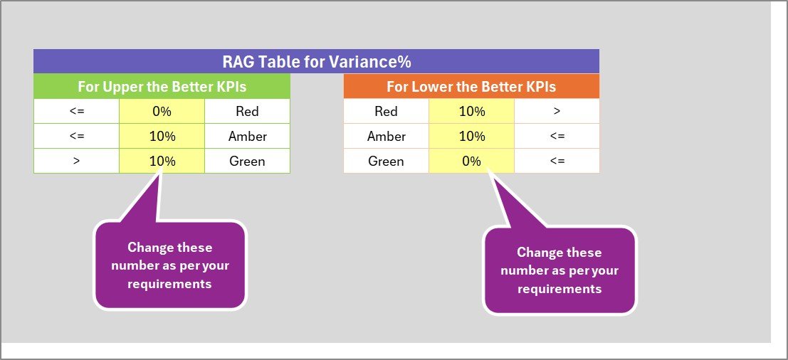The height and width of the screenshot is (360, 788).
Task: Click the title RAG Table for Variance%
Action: pos(316,62)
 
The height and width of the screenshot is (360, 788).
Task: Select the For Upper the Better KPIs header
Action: pos(162,86)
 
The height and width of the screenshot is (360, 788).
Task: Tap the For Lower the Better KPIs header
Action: pos(471,86)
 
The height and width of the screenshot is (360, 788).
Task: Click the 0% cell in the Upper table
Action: pos(162,111)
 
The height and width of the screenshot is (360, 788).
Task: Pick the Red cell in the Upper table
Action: pos(247,111)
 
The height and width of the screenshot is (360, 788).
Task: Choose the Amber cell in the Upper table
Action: pos(247,136)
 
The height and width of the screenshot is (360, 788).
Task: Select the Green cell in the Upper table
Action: pos(247,162)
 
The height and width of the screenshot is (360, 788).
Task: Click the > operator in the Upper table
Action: pos(76,162)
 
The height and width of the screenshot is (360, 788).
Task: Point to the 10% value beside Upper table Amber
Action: pos(162,136)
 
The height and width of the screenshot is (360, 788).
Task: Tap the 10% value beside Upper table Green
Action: pos(162,162)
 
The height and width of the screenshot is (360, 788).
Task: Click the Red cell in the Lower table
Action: pos(386,111)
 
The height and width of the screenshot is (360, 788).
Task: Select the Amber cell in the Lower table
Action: pos(386,136)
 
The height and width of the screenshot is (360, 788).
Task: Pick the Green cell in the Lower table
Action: pos(386,162)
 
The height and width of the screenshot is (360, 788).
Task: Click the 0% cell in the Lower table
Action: pos(471,162)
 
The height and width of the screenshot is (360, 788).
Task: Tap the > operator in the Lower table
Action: pos(557,111)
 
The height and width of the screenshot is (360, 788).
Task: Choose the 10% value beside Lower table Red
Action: pos(471,111)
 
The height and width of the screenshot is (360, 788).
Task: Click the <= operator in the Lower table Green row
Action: pos(557,162)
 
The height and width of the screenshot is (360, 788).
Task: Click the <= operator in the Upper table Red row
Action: pos(76,111)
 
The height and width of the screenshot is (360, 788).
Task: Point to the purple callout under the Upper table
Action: pos(170,265)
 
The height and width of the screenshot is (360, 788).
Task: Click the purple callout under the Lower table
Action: pos(560,270)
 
